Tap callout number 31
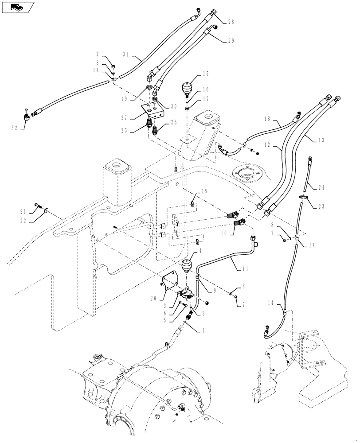pyautogui.click(x=126, y=54)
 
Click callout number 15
pyautogui.click(x=206, y=73)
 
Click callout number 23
pyautogui.click(x=321, y=205)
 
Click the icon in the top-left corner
pyautogui.click(x=17, y=7)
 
